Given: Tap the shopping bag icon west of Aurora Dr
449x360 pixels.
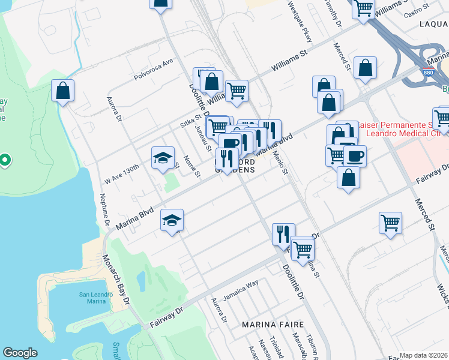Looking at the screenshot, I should [x=62, y=92].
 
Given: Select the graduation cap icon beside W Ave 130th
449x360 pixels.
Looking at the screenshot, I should [x=163, y=158].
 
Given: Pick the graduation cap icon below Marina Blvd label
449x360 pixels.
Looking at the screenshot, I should [x=172, y=221].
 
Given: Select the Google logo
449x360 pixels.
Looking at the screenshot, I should [x=20, y=353].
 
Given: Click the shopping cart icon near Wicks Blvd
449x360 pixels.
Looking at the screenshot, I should [x=390, y=223].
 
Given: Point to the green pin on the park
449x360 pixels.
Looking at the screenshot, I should [x=4, y=160].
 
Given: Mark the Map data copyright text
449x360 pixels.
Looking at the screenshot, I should [x=424, y=355].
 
